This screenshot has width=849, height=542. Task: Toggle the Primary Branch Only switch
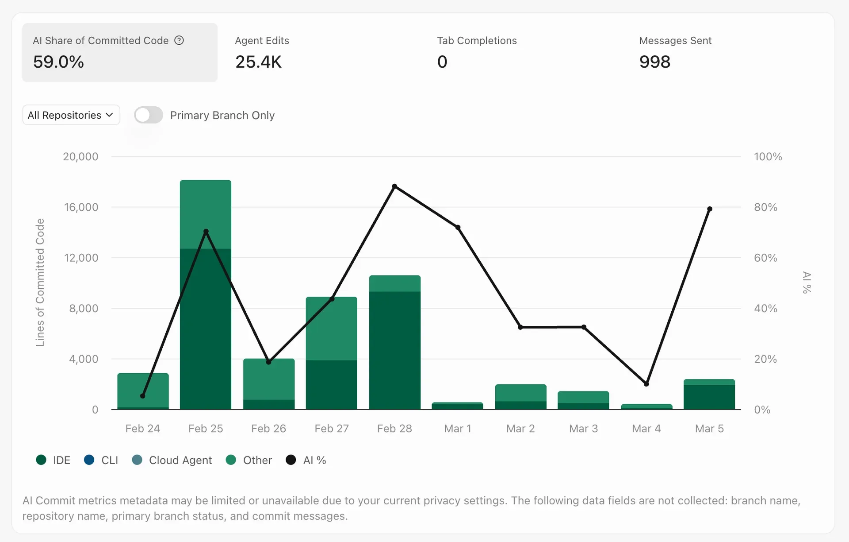coord(149,115)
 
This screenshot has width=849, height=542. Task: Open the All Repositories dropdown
coord(71,115)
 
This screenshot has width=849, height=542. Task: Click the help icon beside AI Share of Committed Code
coord(179,41)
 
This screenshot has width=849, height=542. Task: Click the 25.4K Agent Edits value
coord(258,62)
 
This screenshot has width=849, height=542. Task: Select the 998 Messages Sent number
coord(654,62)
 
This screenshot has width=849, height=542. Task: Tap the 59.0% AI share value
coord(58,62)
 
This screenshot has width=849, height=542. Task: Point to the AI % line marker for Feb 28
coord(394,186)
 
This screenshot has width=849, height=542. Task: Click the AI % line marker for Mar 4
coord(646,384)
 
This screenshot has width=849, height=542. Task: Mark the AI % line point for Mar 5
coord(710,209)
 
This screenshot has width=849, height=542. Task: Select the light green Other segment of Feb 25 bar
coord(206,214)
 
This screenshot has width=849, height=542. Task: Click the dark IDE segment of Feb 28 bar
coord(394,350)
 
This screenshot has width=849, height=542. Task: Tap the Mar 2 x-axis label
coord(520,429)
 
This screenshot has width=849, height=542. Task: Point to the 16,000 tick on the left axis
coord(81,207)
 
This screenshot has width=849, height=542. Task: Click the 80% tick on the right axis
coord(765,207)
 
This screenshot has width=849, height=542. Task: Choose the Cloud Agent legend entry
coord(172,460)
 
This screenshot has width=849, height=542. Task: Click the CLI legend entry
coord(101,460)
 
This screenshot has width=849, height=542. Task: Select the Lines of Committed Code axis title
coord(40,282)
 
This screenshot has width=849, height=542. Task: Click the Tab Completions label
coord(477,41)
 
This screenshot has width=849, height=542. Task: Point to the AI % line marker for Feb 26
coord(268,362)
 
